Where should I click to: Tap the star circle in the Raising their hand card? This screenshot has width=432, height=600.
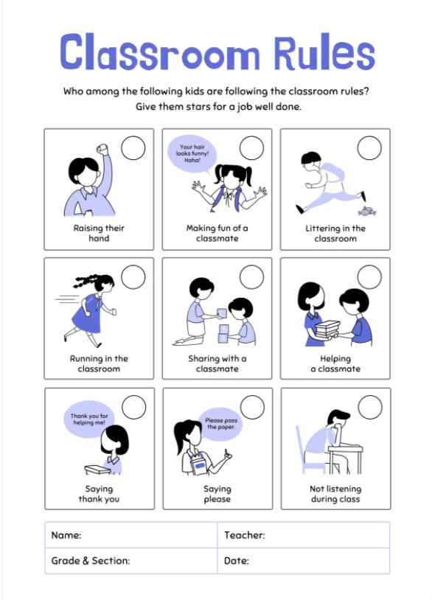click(133, 148)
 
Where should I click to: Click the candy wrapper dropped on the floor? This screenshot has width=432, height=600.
click(368, 212)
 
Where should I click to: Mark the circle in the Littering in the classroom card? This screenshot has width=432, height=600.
click(369, 148)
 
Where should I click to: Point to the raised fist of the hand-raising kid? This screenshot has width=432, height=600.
click(103, 150)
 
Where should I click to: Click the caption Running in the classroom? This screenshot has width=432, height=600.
click(99, 363)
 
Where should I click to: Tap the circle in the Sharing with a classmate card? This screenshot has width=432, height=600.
click(251, 277)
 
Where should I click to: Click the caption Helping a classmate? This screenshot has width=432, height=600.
click(335, 363)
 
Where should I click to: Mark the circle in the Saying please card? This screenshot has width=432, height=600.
click(251, 407)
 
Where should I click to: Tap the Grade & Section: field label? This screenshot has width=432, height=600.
click(91, 561)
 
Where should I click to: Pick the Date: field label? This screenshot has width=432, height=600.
click(237, 561)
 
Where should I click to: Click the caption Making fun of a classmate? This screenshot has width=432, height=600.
click(217, 233)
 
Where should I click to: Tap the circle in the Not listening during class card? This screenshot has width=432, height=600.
click(369, 407)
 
